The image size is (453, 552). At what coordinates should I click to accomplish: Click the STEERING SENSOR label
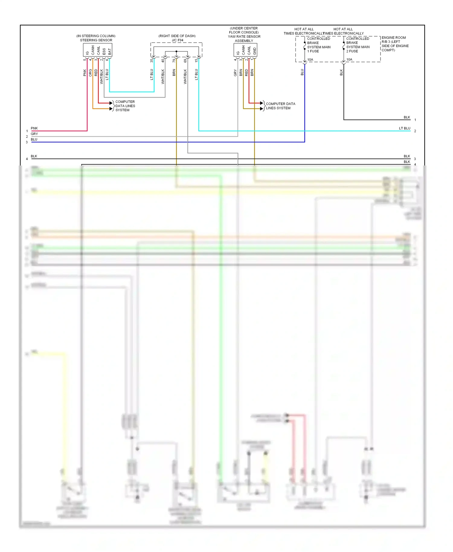(x=96, y=40)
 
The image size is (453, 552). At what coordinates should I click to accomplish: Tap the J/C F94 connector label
(x=178, y=40)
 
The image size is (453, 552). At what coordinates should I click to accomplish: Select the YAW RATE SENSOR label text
(x=244, y=37)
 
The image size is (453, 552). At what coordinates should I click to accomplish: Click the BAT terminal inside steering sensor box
(x=110, y=52)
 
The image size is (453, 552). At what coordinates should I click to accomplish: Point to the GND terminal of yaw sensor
(x=255, y=51)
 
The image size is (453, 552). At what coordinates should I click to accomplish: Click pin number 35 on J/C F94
(x=152, y=60)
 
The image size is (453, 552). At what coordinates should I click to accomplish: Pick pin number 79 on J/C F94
(x=174, y=60)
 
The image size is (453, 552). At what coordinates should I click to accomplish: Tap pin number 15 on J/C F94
(x=196, y=60)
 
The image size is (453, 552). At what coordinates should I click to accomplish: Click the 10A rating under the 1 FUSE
(x=310, y=60)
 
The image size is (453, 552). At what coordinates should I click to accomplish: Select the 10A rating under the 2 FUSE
(x=349, y=60)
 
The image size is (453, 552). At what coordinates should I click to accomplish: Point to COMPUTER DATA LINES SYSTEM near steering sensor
(x=125, y=106)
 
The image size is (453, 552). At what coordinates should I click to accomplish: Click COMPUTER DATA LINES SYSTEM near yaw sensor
(x=280, y=106)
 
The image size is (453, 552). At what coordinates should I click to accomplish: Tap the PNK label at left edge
(x=34, y=128)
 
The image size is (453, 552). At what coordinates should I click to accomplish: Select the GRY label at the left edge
(x=34, y=134)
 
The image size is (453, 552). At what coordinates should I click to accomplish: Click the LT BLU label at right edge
(x=404, y=128)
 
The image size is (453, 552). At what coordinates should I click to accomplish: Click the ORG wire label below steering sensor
(x=90, y=73)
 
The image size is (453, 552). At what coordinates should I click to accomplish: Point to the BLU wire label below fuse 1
(x=302, y=72)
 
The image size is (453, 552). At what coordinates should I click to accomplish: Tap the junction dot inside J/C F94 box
(x=176, y=51)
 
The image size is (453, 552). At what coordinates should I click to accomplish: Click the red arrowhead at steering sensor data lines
(x=111, y=103)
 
